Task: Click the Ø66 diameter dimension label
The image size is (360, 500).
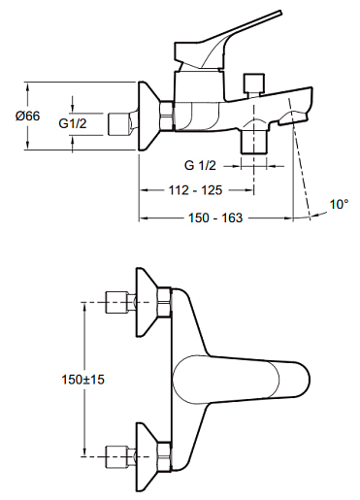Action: click(28, 116)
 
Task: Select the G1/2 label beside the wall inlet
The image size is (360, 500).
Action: click(73, 123)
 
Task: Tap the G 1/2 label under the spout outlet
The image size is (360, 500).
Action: click(200, 165)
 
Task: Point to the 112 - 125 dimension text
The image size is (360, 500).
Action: click(196, 190)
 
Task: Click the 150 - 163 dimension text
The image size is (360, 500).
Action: click(215, 217)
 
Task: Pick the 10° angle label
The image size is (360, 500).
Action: click(340, 204)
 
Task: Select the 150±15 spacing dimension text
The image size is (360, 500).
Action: click(83, 380)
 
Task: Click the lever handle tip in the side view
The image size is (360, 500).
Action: click(280, 13)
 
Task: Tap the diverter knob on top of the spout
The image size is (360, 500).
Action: click(254, 83)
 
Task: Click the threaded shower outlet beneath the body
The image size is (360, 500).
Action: click(254, 143)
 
